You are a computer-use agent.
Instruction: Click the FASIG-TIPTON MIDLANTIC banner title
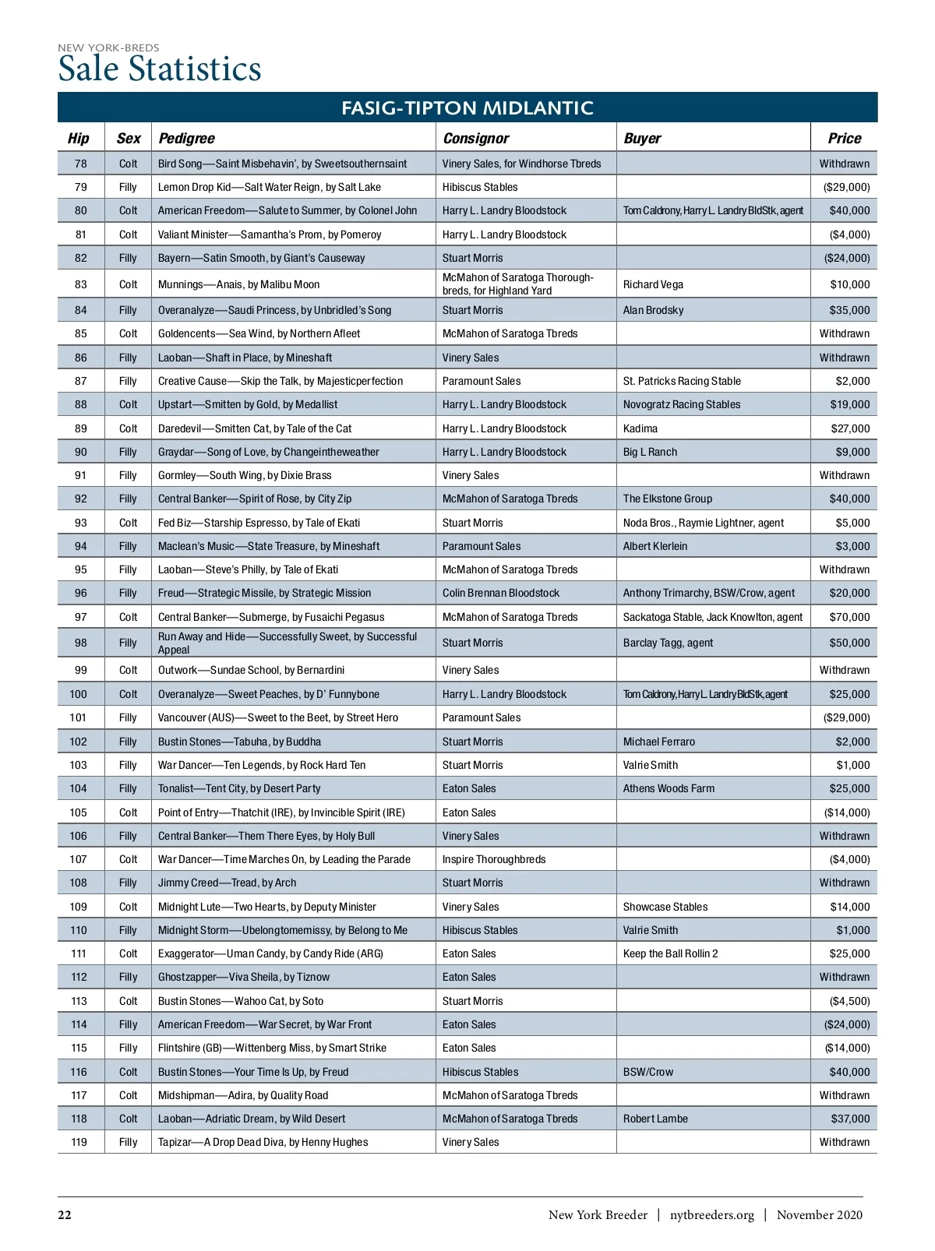coord(467,107)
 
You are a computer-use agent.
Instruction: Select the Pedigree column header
coord(186,139)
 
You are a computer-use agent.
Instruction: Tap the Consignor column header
coord(475,139)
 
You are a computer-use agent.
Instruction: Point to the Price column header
coord(844,139)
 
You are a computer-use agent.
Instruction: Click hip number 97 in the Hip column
coord(80,617)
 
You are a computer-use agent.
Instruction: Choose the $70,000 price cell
coord(849,617)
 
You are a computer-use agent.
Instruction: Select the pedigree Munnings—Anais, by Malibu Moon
coord(238,284)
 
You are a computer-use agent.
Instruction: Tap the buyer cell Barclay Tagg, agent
coord(668,643)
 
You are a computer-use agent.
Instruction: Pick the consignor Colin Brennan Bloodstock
coord(500,593)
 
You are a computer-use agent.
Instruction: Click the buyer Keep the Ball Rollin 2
coord(670,953)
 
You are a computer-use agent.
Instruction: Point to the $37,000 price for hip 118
coord(849,1119)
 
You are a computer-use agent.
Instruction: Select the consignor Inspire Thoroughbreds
coord(494,859)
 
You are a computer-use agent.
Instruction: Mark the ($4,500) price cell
coord(848,1001)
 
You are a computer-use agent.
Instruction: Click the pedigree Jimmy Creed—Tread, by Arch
coord(227,883)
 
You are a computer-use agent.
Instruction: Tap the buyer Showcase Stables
coord(665,907)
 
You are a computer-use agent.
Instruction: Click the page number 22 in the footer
coord(65,1215)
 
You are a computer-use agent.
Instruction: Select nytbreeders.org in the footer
coord(711,1215)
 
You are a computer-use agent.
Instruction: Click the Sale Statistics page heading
coord(160,69)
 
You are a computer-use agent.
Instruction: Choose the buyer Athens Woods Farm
coord(669,788)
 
